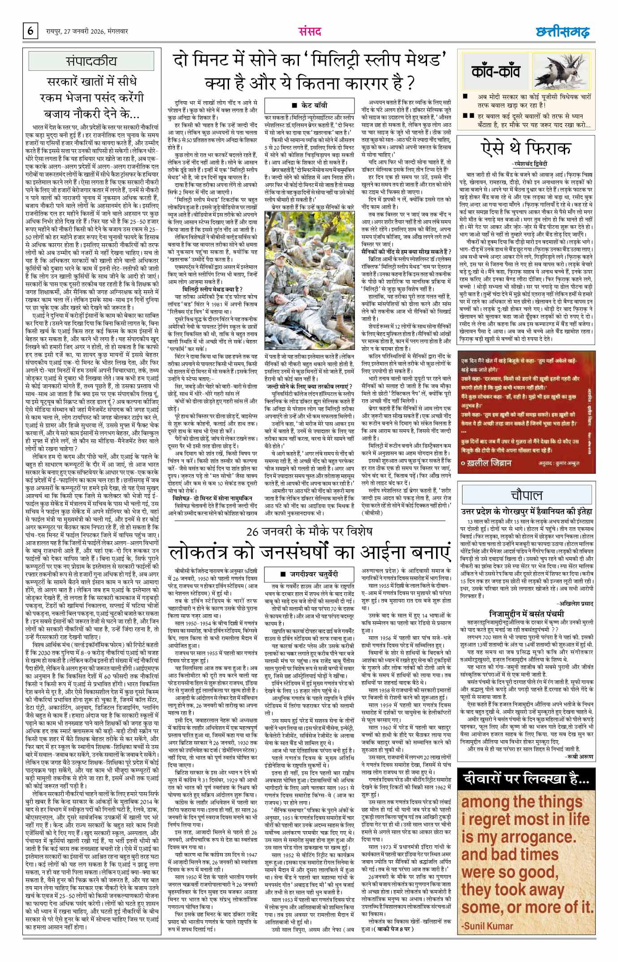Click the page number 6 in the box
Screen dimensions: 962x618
point(30,31)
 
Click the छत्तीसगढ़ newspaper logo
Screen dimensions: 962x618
point(562,32)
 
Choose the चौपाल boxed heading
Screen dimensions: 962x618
point(526,495)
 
